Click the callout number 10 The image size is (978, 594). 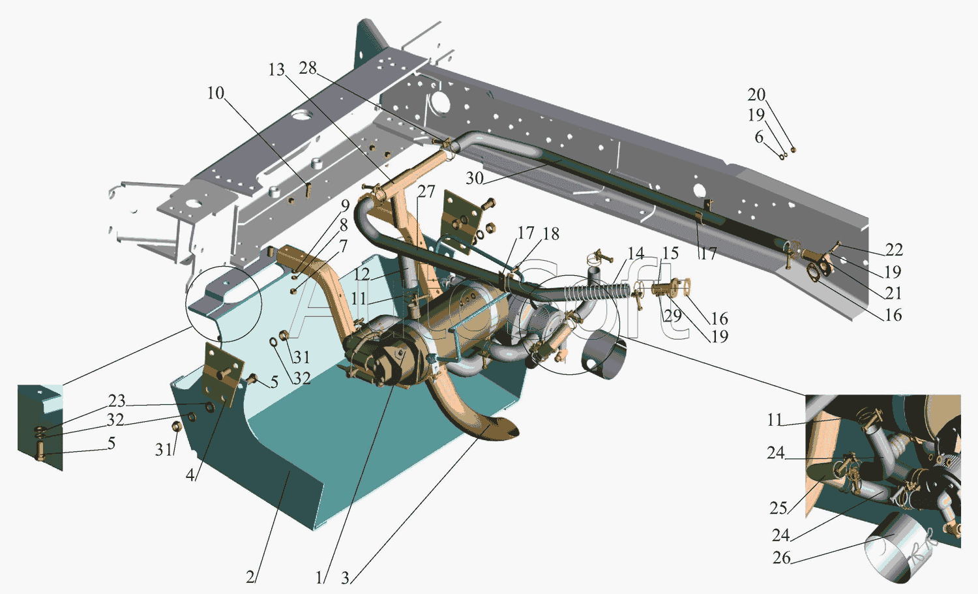216,93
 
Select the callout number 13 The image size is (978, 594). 276,70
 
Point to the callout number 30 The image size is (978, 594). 475,178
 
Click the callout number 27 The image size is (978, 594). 426,191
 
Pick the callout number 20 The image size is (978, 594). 756,95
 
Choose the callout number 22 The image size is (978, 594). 894,249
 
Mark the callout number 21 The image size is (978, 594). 893,293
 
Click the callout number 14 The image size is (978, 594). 636,253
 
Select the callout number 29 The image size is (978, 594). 673,316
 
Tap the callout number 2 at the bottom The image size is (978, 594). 250,578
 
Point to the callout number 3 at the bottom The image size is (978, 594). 345,578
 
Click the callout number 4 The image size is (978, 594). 190,475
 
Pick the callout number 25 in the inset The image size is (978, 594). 778,508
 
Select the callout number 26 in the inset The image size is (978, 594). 782,557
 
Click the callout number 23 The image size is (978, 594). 117,400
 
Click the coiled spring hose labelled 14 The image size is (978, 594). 597,290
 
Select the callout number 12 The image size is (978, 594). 362,275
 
